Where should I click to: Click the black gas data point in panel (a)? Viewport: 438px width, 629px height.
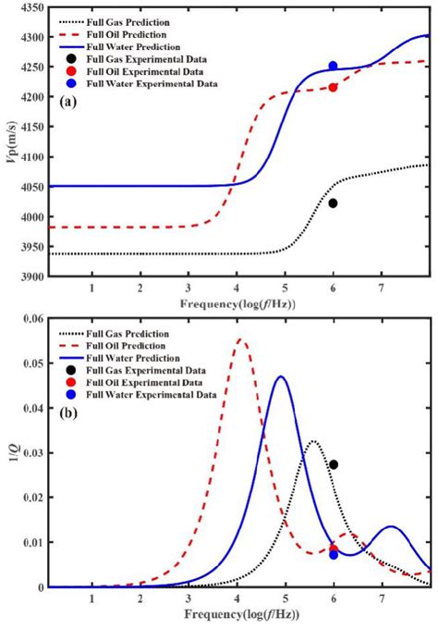(x=333, y=203)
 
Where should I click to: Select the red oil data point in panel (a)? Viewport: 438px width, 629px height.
(x=333, y=87)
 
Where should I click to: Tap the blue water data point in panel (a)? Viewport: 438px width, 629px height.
(x=333, y=66)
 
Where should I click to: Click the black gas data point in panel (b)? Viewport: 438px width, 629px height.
(x=334, y=464)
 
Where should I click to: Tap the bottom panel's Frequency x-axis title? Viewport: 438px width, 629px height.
(x=239, y=614)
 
